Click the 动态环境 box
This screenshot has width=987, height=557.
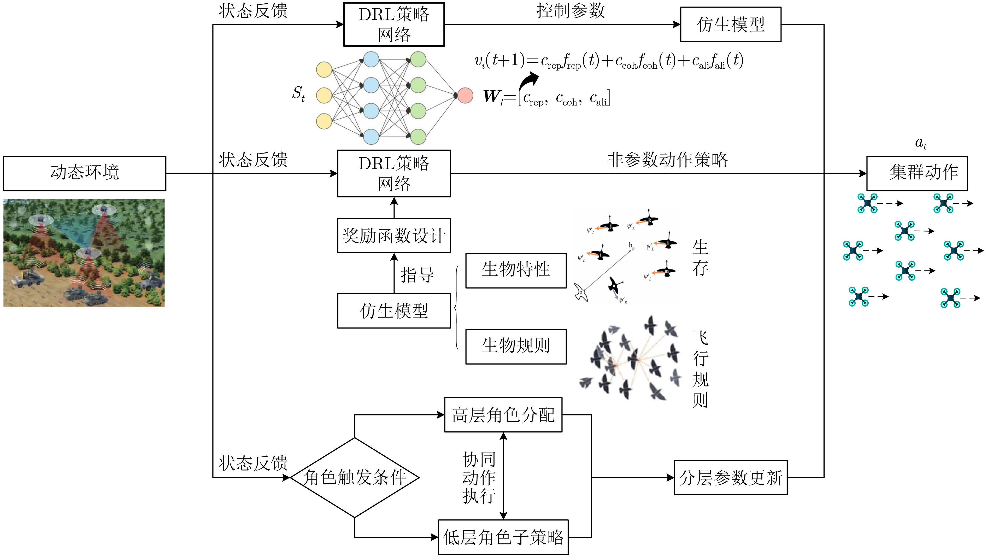coord(84,173)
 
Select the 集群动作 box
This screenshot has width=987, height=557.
coord(916,173)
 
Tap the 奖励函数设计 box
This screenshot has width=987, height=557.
coord(394,236)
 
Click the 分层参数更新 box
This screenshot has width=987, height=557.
coord(730,478)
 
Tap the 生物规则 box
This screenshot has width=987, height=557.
coord(516,346)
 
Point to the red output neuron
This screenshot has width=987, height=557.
coord(465,95)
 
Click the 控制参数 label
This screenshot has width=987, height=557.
coord(571,11)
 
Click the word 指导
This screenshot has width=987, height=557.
coord(417,275)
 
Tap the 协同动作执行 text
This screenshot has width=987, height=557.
coord(479,478)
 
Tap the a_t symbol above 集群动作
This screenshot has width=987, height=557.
coord(920,144)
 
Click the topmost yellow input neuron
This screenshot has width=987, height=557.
coord(324,70)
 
